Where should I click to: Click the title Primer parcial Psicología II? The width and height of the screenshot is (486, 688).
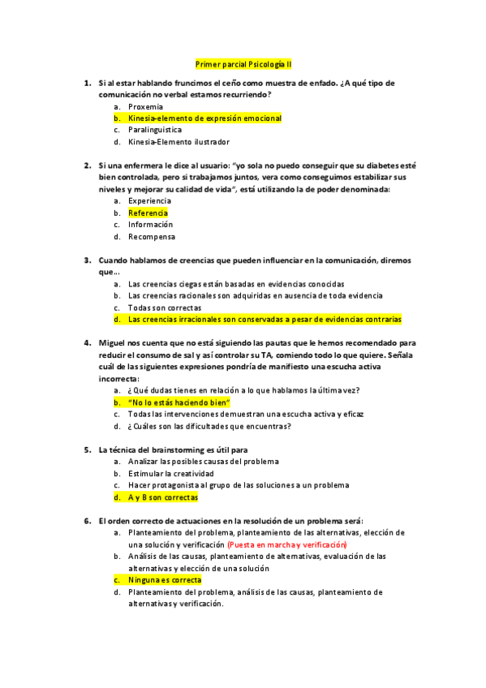point(243,63)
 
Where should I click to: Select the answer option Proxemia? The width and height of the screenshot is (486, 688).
point(145,106)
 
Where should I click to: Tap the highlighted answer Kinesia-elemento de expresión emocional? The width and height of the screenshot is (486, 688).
point(204,118)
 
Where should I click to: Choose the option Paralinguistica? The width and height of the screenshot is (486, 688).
point(155,130)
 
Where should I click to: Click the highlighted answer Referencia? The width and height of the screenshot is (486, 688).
point(148,213)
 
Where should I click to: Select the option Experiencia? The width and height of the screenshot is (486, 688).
point(149,200)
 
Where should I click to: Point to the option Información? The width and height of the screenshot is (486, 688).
point(150,225)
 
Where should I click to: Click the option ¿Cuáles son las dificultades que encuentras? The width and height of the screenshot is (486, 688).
point(209,426)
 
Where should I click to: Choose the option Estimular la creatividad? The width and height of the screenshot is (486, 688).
point(170,473)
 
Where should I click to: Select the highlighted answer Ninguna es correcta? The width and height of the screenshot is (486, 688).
point(165,580)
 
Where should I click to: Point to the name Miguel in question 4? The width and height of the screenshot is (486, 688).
point(113,343)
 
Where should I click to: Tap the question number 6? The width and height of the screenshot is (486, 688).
point(88,521)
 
